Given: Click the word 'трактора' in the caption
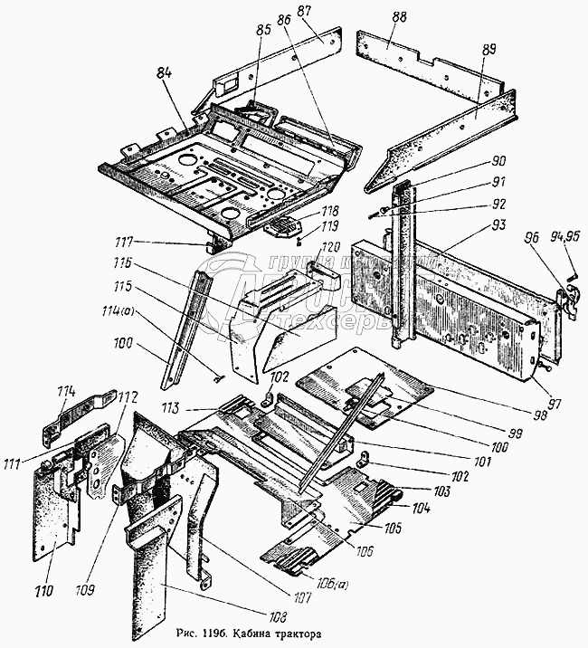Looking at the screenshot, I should click(x=294, y=634).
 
